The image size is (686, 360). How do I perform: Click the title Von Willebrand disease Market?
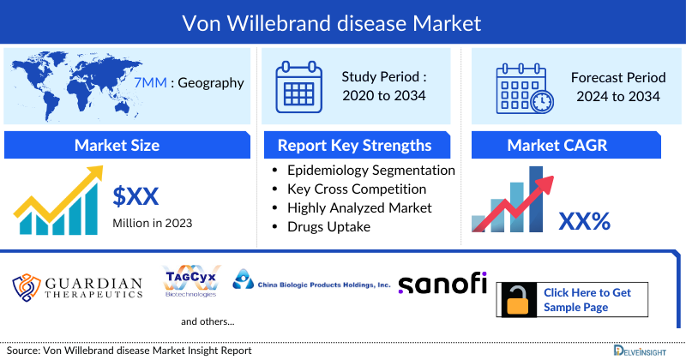click(343, 19)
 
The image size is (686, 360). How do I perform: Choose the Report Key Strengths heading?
click(354, 145)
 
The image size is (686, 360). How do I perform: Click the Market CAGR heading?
click(557, 145)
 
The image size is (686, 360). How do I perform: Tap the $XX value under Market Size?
click(135, 196)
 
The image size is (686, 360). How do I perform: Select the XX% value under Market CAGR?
click(584, 221)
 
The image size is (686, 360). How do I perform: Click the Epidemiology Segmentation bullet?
click(370, 170)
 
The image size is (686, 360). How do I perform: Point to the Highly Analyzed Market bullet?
click(359, 207)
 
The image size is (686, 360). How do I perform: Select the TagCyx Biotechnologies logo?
click(190, 281)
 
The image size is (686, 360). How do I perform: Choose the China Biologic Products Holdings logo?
click(312, 282)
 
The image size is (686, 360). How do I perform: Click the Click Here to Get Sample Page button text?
click(587, 300)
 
